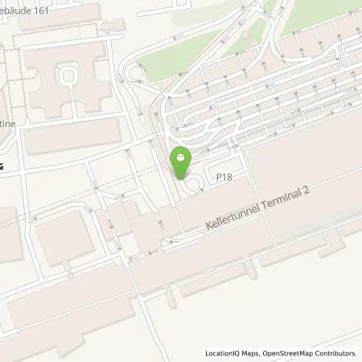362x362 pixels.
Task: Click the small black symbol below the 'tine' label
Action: pos(3,166)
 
